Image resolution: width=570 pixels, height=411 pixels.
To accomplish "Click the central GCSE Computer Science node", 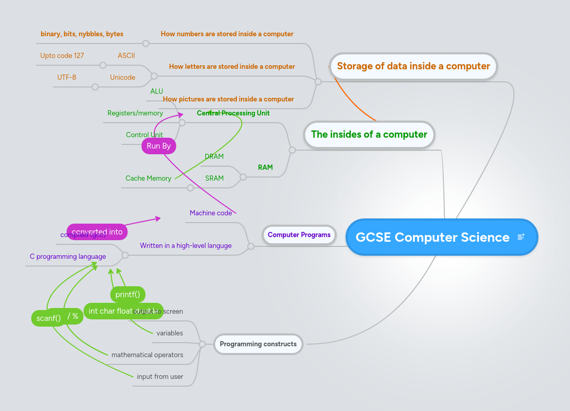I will pyautogui.click(x=432, y=237).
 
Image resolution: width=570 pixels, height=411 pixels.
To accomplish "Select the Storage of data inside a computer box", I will pyautogui.click(x=413, y=66).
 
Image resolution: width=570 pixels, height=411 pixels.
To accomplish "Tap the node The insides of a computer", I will pyautogui.click(x=369, y=135).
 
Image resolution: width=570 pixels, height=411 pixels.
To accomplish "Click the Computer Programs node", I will pyautogui.click(x=299, y=234).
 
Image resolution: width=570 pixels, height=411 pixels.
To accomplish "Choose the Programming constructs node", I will pyautogui.click(x=258, y=344).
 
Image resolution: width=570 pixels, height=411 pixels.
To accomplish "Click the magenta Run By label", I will pyautogui.click(x=159, y=146).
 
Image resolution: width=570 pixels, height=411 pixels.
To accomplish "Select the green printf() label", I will pyautogui.click(x=127, y=295).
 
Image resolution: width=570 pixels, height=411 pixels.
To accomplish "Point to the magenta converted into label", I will pyautogui.click(x=97, y=232).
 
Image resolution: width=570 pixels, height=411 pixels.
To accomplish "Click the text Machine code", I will pyautogui.click(x=211, y=213).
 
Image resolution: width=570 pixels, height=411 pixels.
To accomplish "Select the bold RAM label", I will pyautogui.click(x=265, y=167).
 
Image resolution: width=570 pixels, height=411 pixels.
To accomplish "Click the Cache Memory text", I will pyautogui.click(x=148, y=178).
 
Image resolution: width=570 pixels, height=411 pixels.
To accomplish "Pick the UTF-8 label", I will pyautogui.click(x=67, y=77).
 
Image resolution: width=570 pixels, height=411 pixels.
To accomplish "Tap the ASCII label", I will pyautogui.click(x=126, y=55).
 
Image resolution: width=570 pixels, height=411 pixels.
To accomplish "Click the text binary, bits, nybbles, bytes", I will pyautogui.click(x=82, y=34).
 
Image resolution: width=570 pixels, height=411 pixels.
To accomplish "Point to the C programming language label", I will pyautogui.click(x=68, y=256).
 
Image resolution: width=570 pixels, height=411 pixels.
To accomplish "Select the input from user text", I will pyautogui.click(x=160, y=376).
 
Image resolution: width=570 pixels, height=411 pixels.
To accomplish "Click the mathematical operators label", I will pyautogui.click(x=147, y=355).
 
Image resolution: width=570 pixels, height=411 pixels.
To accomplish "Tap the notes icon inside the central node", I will pyautogui.click(x=521, y=237).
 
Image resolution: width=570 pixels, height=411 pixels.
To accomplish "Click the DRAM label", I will pyautogui.click(x=214, y=156).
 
